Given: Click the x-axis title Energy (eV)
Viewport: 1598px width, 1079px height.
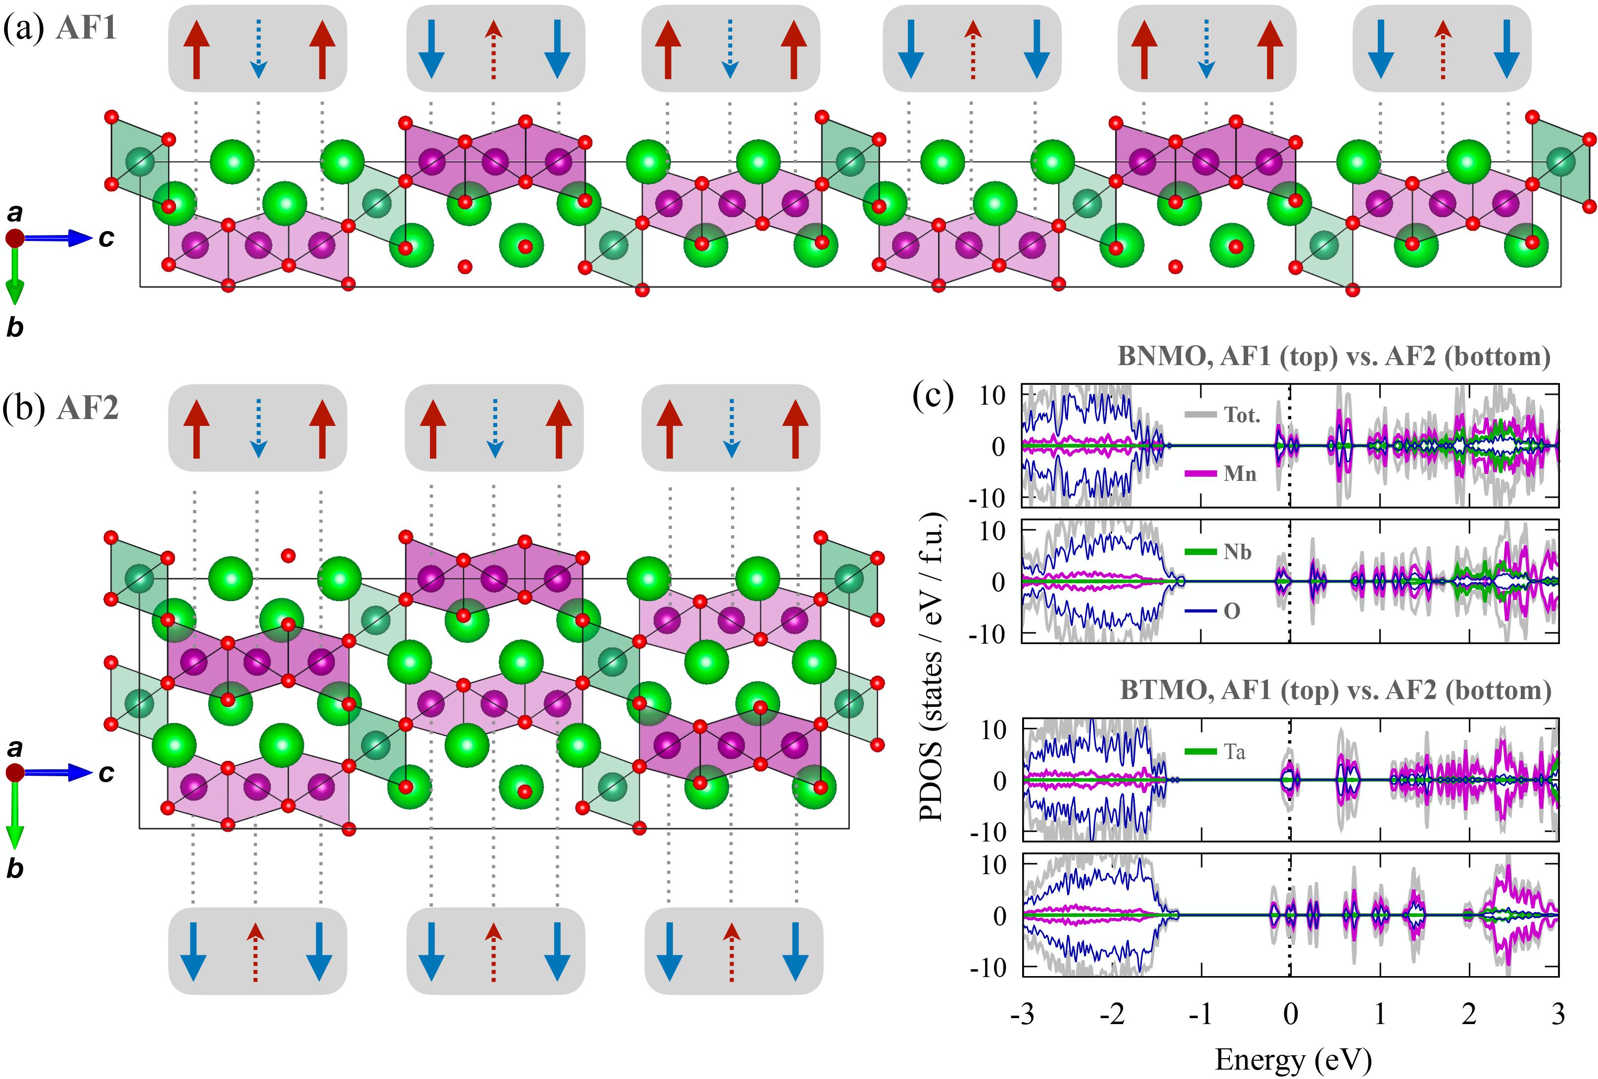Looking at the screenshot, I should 1293,1060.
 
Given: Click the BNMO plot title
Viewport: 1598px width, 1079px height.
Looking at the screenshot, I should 1333,357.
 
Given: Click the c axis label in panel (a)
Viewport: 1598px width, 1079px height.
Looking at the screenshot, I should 106,238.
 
